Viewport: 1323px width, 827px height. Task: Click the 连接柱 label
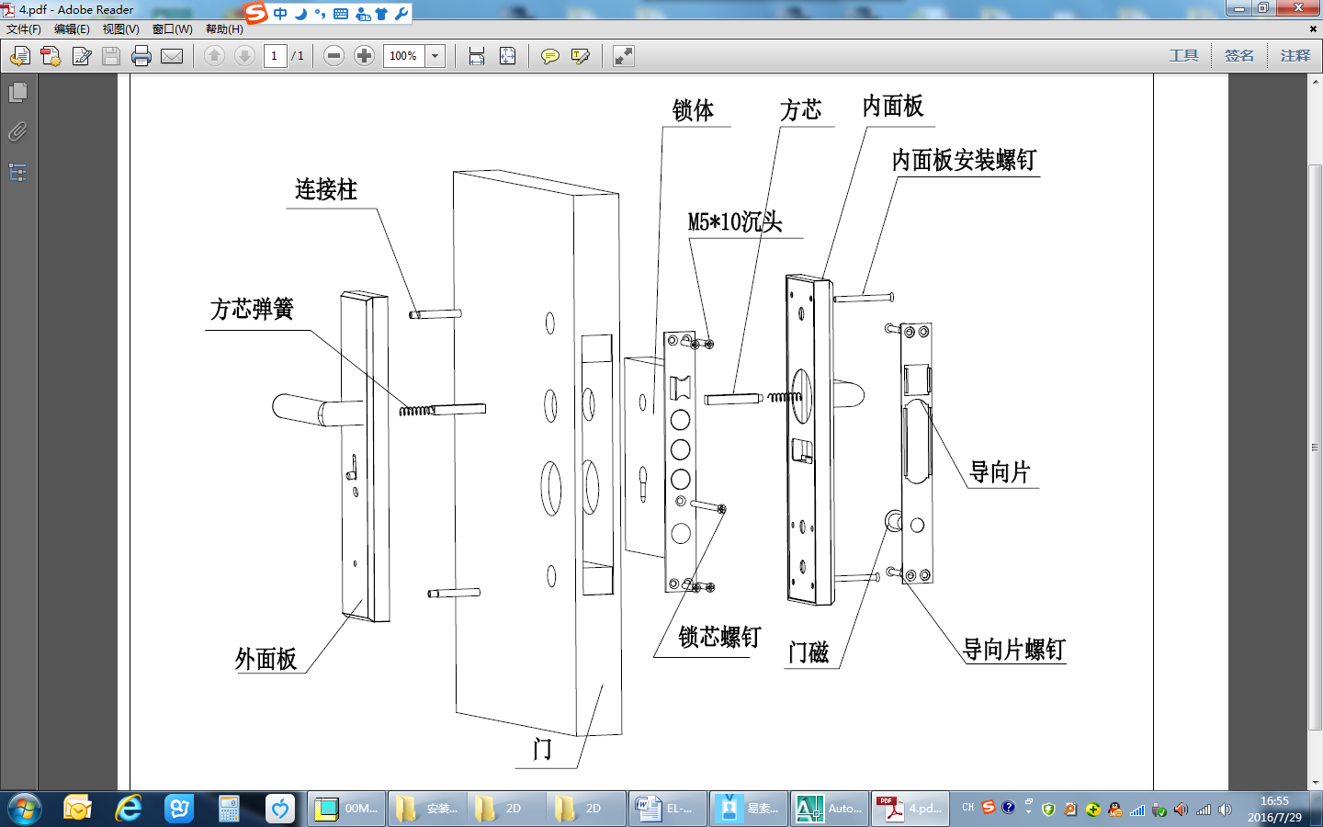coord(326,190)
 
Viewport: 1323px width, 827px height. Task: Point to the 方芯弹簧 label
coord(252,310)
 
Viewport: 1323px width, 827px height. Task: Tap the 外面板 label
coord(266,659)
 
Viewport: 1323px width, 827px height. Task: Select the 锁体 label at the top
coord(693,111)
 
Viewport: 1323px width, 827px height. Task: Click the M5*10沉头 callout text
coord(735,222)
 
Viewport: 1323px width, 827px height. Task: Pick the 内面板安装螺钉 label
coord(964,161)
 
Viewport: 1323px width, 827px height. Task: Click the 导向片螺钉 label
coord(1013,650)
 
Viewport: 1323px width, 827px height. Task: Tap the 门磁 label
coord(808,652)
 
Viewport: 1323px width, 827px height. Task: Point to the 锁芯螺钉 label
coord(719,638)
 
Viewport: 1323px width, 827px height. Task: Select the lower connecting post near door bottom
coord(454,593)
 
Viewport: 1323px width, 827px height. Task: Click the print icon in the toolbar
coord(141,56)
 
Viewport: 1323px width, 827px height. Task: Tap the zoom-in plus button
coord(364,56)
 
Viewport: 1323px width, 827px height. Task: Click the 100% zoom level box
coord(403,56)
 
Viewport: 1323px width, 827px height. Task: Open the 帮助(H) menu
coord(224,29)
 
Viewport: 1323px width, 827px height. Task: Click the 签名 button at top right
coord(1238,56)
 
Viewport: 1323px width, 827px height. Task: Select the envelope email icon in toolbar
coord(172,56)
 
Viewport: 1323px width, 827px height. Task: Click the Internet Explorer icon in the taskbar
coord(129,809)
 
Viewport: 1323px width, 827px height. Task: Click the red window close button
coord(1299,8)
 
